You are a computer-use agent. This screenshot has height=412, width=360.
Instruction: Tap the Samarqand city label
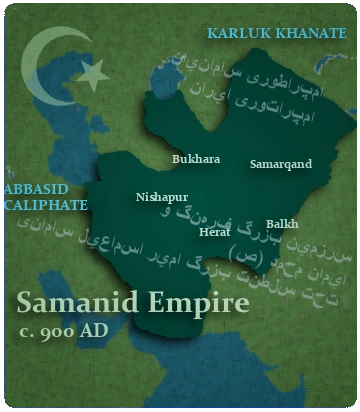tap(281, 164)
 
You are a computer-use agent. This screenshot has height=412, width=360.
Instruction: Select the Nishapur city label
tap(162, 197)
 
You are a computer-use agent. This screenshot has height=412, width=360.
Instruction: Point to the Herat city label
tap(215, 231)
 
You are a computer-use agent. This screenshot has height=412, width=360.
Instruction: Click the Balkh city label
tap(282, 224)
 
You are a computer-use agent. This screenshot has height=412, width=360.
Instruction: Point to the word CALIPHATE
tap(45, 204)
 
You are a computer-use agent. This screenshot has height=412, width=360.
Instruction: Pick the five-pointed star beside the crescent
tap(93, 72)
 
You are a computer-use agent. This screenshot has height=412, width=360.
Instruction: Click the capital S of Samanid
tap(27, 301)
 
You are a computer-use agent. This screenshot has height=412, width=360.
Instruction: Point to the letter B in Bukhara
tap(176, 159)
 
